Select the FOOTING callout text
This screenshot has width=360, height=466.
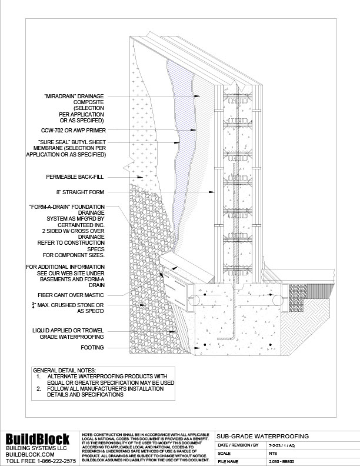click(92, 348)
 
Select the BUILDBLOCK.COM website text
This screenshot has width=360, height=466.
click(30, 454)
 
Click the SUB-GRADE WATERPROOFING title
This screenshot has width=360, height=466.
click(263, 436)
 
